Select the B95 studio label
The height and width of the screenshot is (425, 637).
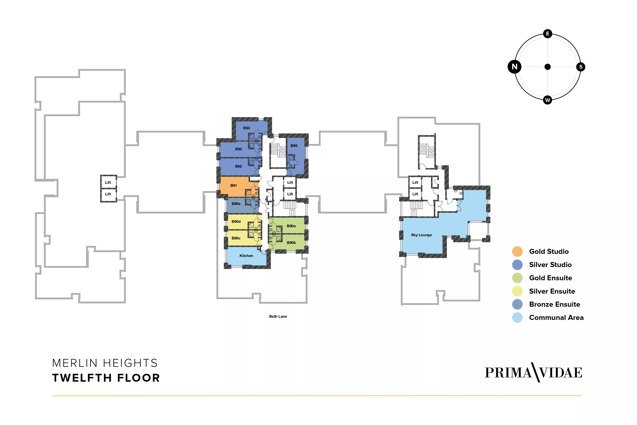(x=294, y=146)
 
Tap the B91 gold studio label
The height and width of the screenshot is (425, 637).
(x=234, y=185)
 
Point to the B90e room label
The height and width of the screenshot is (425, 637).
(x=236, y=204)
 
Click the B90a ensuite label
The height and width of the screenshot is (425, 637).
(x=291, y=226)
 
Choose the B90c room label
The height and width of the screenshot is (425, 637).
(x=236, y=238)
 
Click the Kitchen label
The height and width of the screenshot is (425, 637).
(x=246, y=256)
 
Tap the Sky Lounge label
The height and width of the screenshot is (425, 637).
(x=421, y=235)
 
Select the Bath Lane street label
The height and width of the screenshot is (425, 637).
(x=278, y=316)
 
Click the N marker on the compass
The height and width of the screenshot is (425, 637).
(x=515, y=67)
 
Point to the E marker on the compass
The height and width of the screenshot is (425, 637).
(x=548, y=34)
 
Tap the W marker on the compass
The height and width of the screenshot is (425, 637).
(x=548, y=100)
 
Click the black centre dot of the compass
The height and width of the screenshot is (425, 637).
(x=548, y=67)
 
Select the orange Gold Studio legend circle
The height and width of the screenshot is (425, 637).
(x=517, y=251)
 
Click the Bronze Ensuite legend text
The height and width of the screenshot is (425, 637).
(x=555, y=304)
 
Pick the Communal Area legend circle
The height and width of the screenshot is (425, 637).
(x=517, y=318)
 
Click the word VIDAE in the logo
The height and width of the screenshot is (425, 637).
(x=561, y=373)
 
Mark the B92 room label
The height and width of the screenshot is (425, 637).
(x=239, y=166)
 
